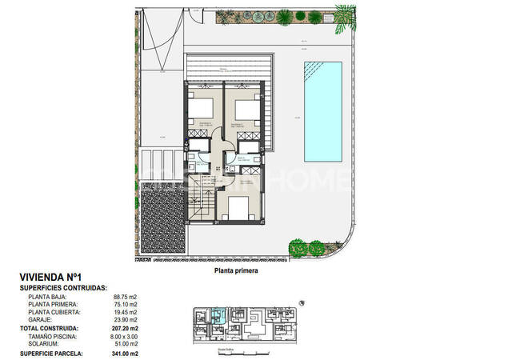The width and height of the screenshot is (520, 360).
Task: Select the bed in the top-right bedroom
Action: [246, 108]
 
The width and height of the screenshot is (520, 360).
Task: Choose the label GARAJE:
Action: [41, 321]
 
